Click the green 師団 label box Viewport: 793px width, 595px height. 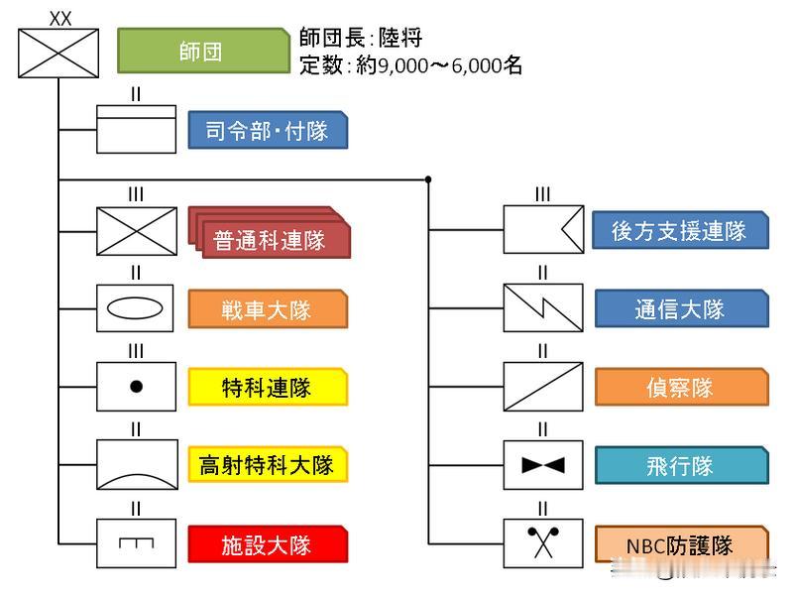pos(202,51)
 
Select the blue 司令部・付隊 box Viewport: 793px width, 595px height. pos(268,130)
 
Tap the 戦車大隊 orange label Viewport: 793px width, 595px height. pos(268,309)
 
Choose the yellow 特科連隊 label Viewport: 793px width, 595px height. pos(268,387)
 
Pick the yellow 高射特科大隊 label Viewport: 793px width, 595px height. pos(268,464)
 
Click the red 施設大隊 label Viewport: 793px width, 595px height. pos(268,544)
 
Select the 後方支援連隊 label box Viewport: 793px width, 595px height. pos(680,231)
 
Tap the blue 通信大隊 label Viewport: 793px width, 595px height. pos(680,309)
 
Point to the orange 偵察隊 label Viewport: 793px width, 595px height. pos(680,387)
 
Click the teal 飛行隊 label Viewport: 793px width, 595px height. pos(680,465)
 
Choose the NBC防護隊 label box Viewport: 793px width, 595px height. pos(680,544)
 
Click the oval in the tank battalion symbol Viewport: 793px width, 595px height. pos(136,308)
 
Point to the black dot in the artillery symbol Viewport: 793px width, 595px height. pos(136,387)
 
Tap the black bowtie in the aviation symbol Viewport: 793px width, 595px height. pos(542,465)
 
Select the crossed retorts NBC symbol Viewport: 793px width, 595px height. pos(542,543)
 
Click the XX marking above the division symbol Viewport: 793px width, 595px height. pos(59,18)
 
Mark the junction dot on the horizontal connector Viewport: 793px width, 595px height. pos(428,179)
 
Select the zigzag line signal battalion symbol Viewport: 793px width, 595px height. pos(542,308)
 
